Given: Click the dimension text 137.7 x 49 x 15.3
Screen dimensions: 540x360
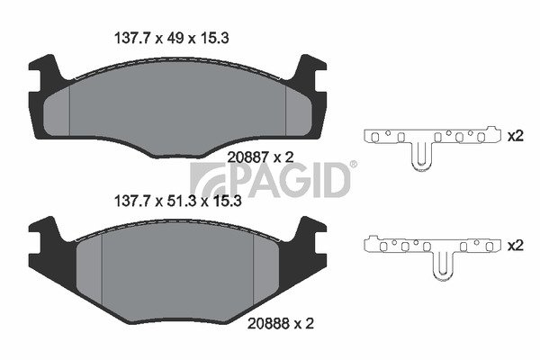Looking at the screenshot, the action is pyautogui.click(x=171, y=38).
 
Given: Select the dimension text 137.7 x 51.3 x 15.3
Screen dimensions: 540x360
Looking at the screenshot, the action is pyautogui.click(x=177, y=202).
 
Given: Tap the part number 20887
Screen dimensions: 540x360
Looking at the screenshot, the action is pyautogui.click(x=248, y=157).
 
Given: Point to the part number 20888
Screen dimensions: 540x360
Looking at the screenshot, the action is pyautogui.click(x=268, y=323).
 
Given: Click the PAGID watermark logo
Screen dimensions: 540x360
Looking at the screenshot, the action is pyautogui.click(x=270, y=180).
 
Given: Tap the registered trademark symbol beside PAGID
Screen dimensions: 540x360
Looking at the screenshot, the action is pyautogui.click(x=354, y=165).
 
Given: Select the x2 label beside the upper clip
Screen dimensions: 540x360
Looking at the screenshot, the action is pyautogui.click(x=516, y=136).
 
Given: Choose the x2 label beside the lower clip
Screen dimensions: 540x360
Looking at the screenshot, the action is pyautogui.click(x=516, y=246).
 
